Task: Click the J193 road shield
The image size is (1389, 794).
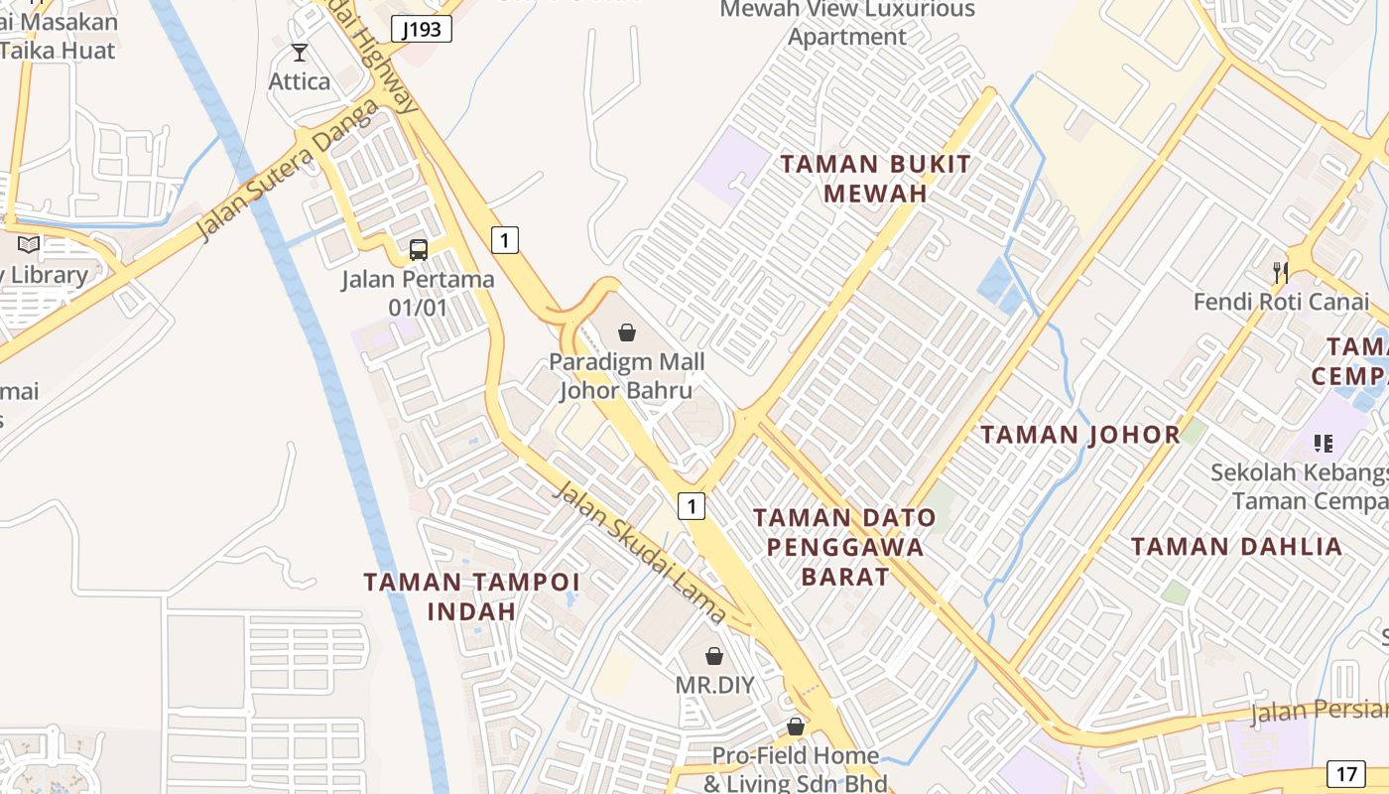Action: pyautogui.click(x=422, y=29)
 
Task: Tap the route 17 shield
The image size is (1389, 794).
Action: pyautogui.click(x=1346, y=774)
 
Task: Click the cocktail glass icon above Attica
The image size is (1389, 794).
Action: pyautogui.click(x=300, y=53)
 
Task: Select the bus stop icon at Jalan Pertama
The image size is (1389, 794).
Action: pyautogui.click(x=419, y=250)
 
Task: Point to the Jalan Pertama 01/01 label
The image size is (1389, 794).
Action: pyautogui.click(x=418, y=293)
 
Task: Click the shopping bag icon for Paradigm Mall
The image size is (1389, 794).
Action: pyautogui.click(x=627, y=332)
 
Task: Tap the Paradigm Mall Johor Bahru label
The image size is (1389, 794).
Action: pyautogui.click(x=626, y=375)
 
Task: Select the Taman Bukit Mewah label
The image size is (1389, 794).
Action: pyautogui.click(x=875, y=179)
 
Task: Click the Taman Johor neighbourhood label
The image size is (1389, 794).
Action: pyautogui.click(x=1080, y=434)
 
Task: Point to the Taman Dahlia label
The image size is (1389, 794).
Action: pyautogui.click(x=1236, y=546)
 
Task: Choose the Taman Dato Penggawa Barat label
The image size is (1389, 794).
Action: pyautogui.click(x=844, y=546)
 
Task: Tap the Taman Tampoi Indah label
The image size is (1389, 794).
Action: pyautogui.click(x=471, y=595)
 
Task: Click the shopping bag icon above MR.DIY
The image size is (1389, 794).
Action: pyautogui.click(x=714, y=656)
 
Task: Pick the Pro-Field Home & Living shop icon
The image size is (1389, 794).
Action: pyautogui.click(x=795, y=728)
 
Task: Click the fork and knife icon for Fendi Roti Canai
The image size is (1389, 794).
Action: pyautogui.click(x=1281, y=271)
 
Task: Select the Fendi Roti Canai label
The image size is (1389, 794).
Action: pyautogui.click(x=1281, y=301)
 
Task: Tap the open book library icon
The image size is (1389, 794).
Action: pyautogui.click(x=29, y=244)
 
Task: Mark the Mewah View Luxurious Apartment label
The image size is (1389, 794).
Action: pyautogui.click(x=847, y=24)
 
